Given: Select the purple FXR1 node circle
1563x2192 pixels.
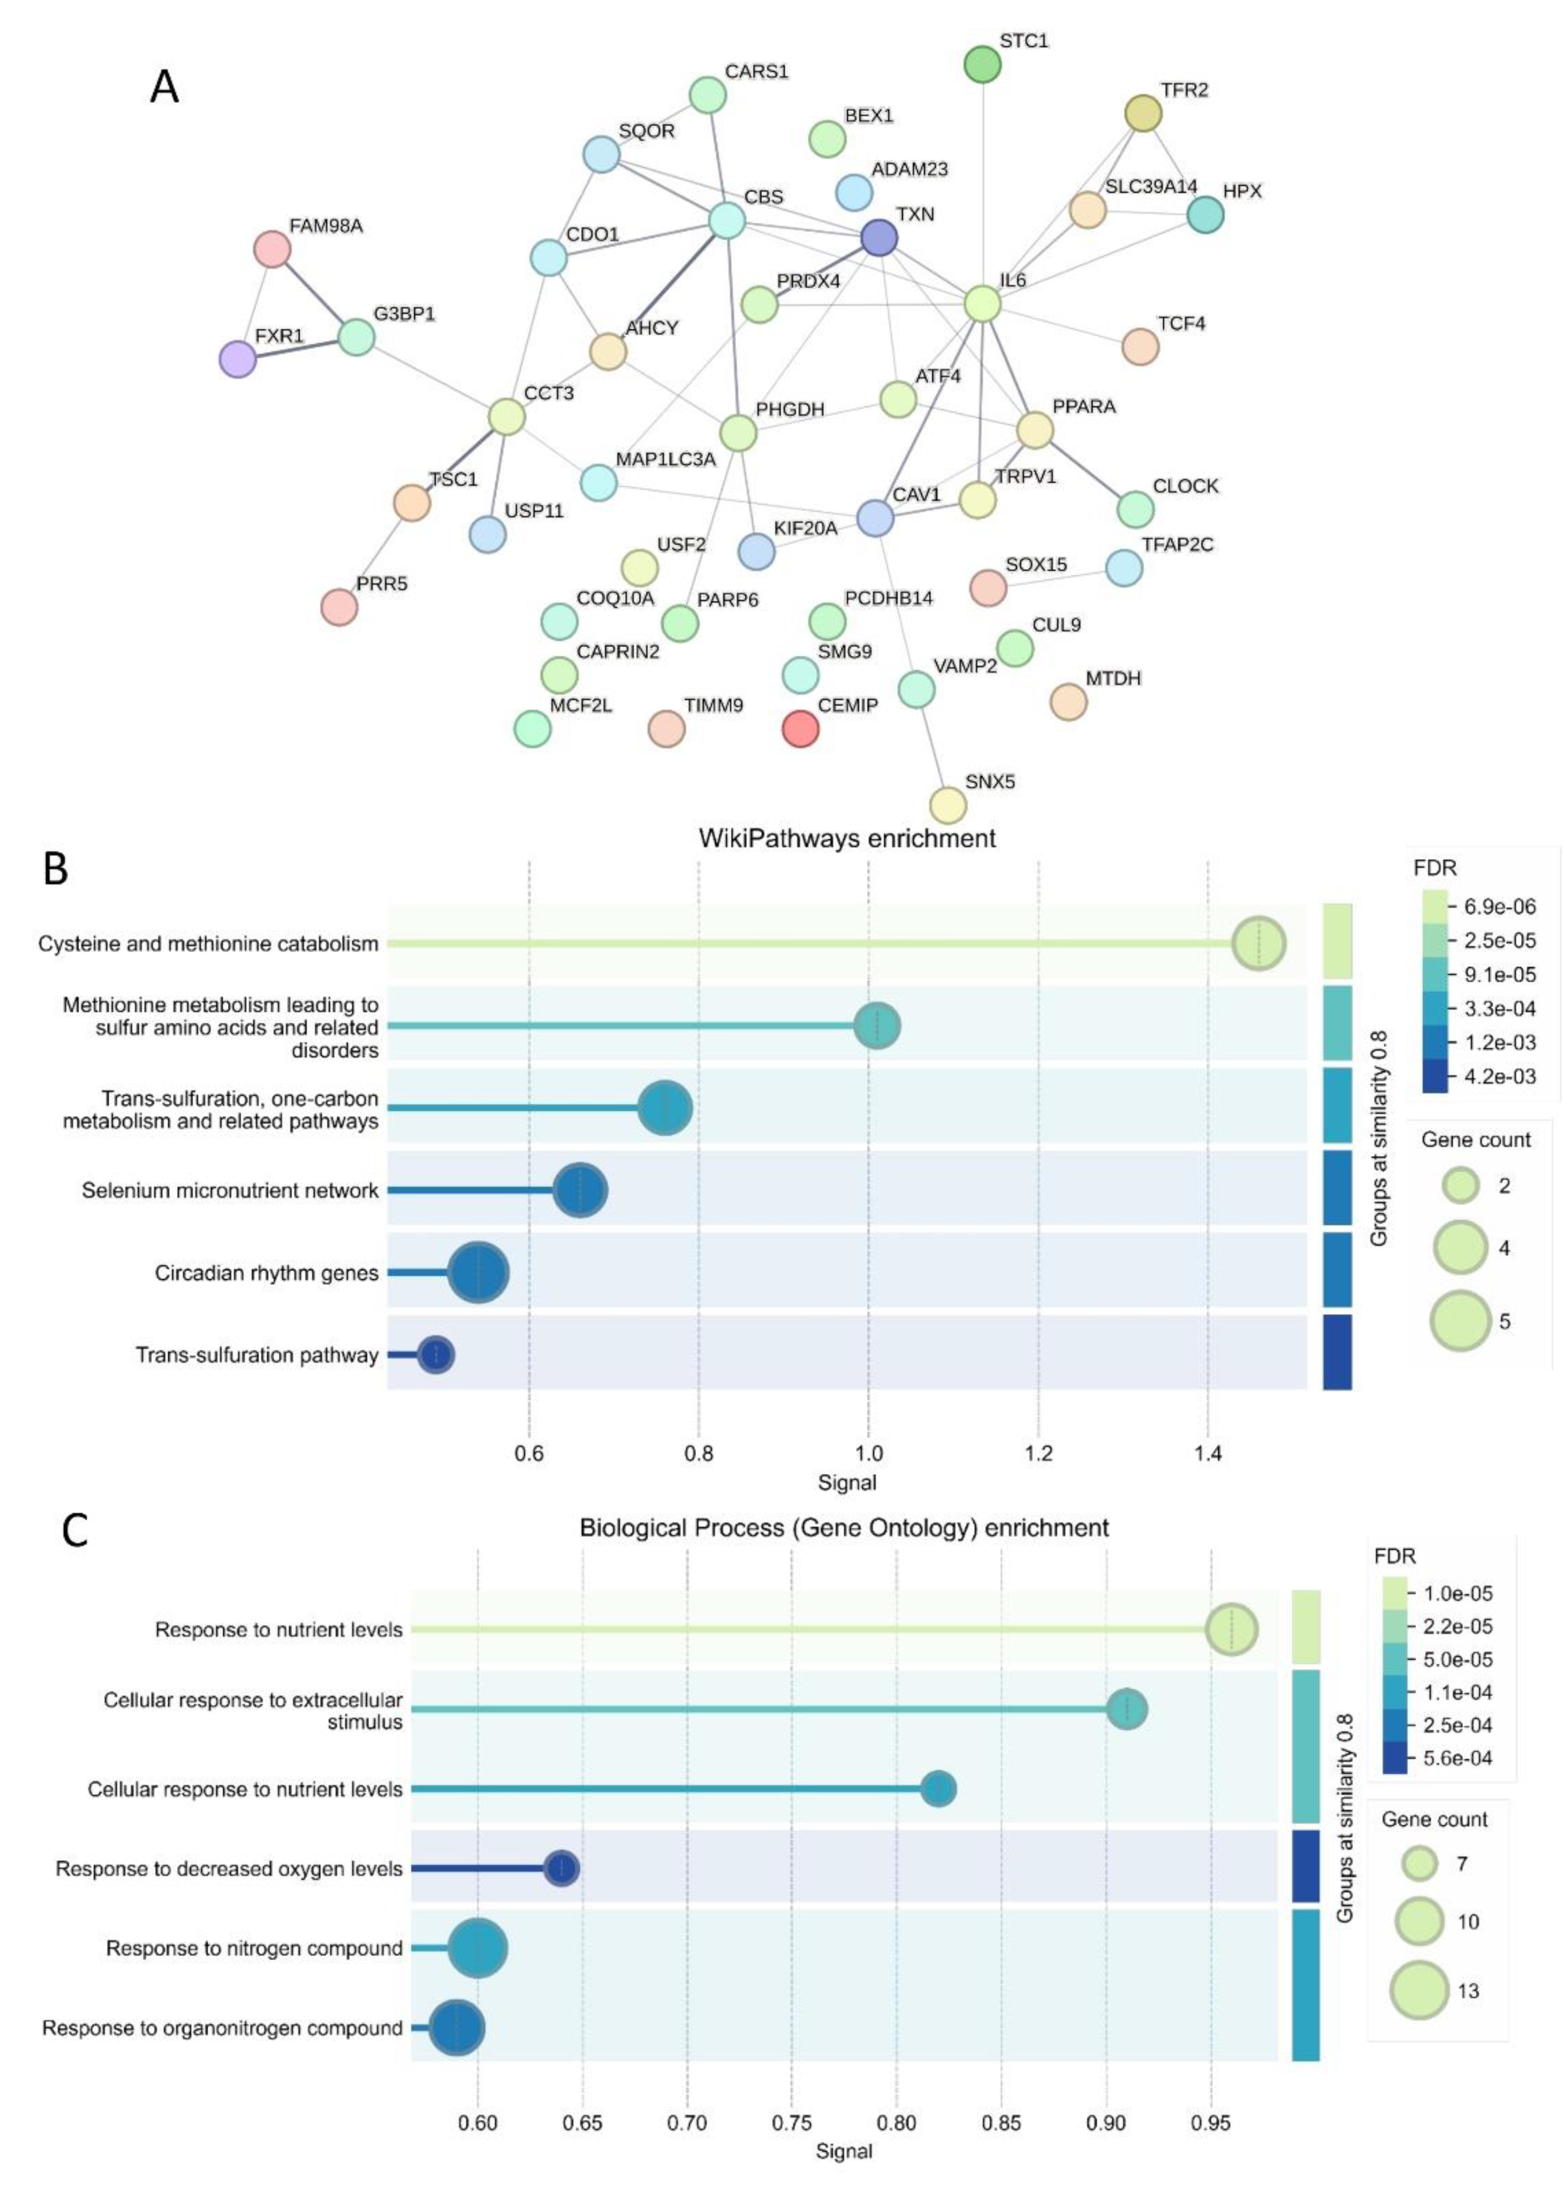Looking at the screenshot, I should (238, 359).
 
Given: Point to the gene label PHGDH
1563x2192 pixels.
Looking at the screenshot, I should (789, 409).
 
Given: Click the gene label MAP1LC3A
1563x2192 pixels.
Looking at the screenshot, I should (665, 459).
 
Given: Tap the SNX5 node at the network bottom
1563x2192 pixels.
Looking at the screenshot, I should (948, 805).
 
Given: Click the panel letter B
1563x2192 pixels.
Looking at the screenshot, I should (56, 869).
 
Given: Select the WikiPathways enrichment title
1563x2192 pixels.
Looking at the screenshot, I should (847, 838).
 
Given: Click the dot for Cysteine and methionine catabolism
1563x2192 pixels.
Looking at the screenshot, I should (1258, 944).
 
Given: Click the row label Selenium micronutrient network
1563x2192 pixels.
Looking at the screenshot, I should (230, 1191).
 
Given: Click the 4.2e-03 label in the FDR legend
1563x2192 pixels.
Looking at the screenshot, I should (1499, 1076).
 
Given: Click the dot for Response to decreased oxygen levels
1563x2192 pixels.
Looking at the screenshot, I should (562, 1869).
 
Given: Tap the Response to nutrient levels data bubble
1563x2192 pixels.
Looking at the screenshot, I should (1231, 1630).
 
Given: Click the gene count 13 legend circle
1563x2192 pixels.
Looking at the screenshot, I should (1419, 1991).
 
